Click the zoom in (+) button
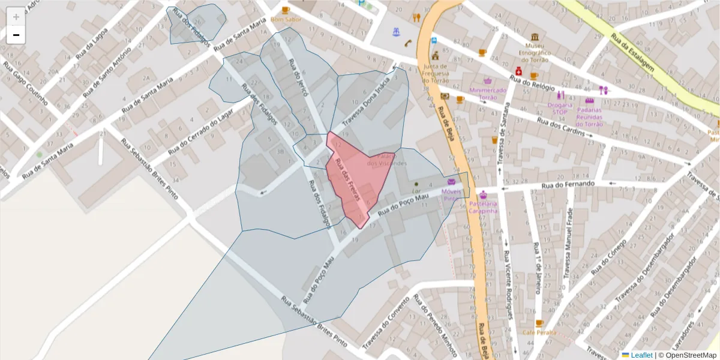(16, 17)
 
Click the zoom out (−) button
(16, 35)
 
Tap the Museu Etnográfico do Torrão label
(534, 52)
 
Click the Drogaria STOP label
(559, 108)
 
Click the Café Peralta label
(539, 332)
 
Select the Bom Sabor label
(286, 19)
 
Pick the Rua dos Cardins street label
(560, 127)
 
